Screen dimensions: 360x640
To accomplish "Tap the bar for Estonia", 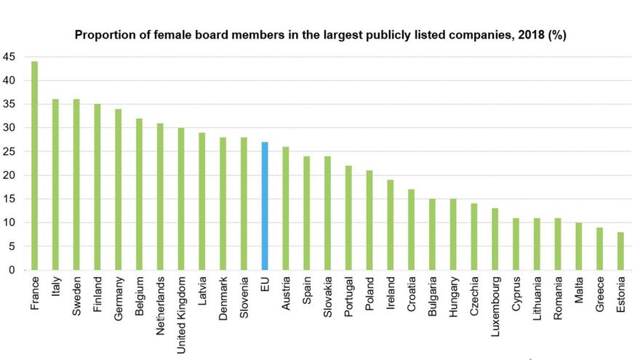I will coord(621,251).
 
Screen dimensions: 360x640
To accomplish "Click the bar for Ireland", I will coord(391,225).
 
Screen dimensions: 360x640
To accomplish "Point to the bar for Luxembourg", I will coord(495,239).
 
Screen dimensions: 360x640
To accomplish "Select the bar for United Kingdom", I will coord(181,199).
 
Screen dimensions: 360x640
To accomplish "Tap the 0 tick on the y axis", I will coord(11,270).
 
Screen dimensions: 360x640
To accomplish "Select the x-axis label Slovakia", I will coord(328,298).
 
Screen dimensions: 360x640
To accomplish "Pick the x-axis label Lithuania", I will coord(537,300).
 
